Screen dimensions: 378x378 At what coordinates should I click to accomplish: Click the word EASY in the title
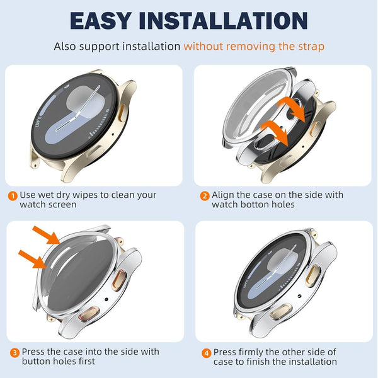(101, 21)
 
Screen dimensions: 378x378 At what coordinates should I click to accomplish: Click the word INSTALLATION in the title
(223, 21)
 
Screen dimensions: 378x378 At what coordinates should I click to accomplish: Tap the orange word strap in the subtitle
(311, 47)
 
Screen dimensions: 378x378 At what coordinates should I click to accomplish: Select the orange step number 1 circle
(13, 195)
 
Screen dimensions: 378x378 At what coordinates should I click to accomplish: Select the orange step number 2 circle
(205, 195)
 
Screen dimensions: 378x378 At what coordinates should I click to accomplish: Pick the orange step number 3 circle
(14, 353)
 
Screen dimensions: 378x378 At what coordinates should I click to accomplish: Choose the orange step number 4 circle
(207, 353)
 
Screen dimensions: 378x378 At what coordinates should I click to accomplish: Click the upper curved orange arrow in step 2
(291, 108)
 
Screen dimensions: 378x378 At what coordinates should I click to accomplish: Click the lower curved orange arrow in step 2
(275, 132)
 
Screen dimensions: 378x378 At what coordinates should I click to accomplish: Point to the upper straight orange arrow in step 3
(46, 235)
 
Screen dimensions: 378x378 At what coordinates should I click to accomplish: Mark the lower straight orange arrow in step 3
(33, 259)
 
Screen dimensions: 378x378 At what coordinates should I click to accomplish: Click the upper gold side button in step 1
(122, 113)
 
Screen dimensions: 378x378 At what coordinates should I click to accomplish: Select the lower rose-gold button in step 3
(88, 313)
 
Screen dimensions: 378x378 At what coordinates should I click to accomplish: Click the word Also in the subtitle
(65, 46)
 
